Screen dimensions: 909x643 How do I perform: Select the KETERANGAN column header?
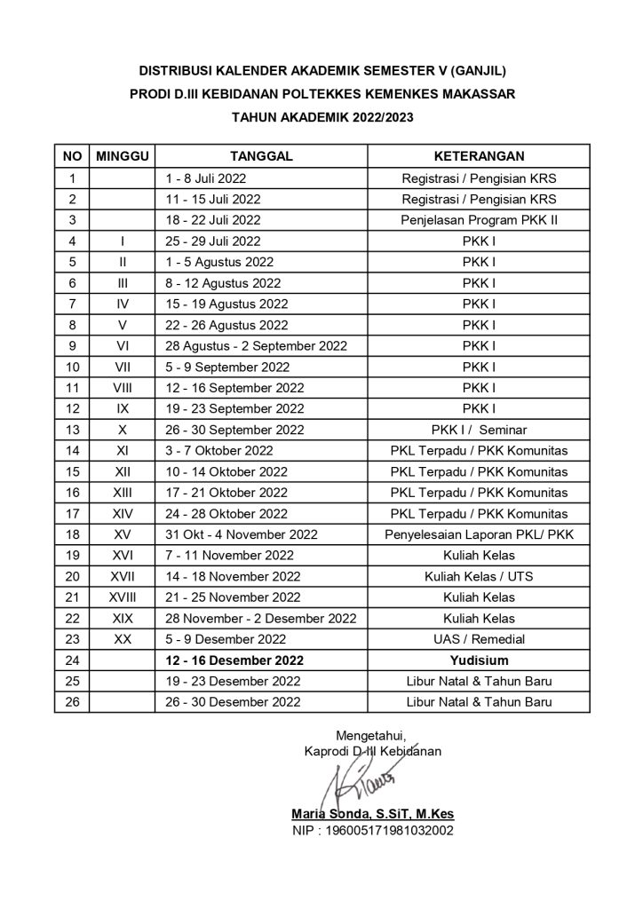pyautogui.click(x=480, y=156)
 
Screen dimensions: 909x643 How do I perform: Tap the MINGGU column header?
pyautogui.click(x=122, y=156)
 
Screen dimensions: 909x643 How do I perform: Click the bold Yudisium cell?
pyautogui.click(x=480, y=660)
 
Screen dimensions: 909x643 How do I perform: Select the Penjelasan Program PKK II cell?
pyautogui.click(x=480, y=220)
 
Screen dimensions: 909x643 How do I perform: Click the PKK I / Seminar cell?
pyautogui.click(x=480, y=430)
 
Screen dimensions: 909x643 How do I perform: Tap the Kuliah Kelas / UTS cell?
pyautogui.click(x=480, y=577)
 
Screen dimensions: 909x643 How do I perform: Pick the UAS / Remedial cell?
pyautogui.click(x=480, y=639)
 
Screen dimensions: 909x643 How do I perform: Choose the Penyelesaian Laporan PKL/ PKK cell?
pyautogui.click(x=480, y=535)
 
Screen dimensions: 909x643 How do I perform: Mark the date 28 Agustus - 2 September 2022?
pyautogui.click(x=256, y=346)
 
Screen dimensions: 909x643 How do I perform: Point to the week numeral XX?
pyautogui.click(x=122, y=639)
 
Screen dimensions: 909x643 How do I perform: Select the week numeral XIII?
pyautogui.click(x=122, y=493)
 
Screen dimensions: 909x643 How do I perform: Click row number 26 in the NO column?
pyautogui.click(x=72, y=702)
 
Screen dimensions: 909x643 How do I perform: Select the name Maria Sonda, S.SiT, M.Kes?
pyautogui.click(x=373, y=814)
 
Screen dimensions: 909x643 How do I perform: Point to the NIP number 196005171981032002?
pyautogui.click(x=373, y=832)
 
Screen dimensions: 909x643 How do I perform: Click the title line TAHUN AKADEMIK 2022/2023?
pyautogui.click(x=321, y=116)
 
